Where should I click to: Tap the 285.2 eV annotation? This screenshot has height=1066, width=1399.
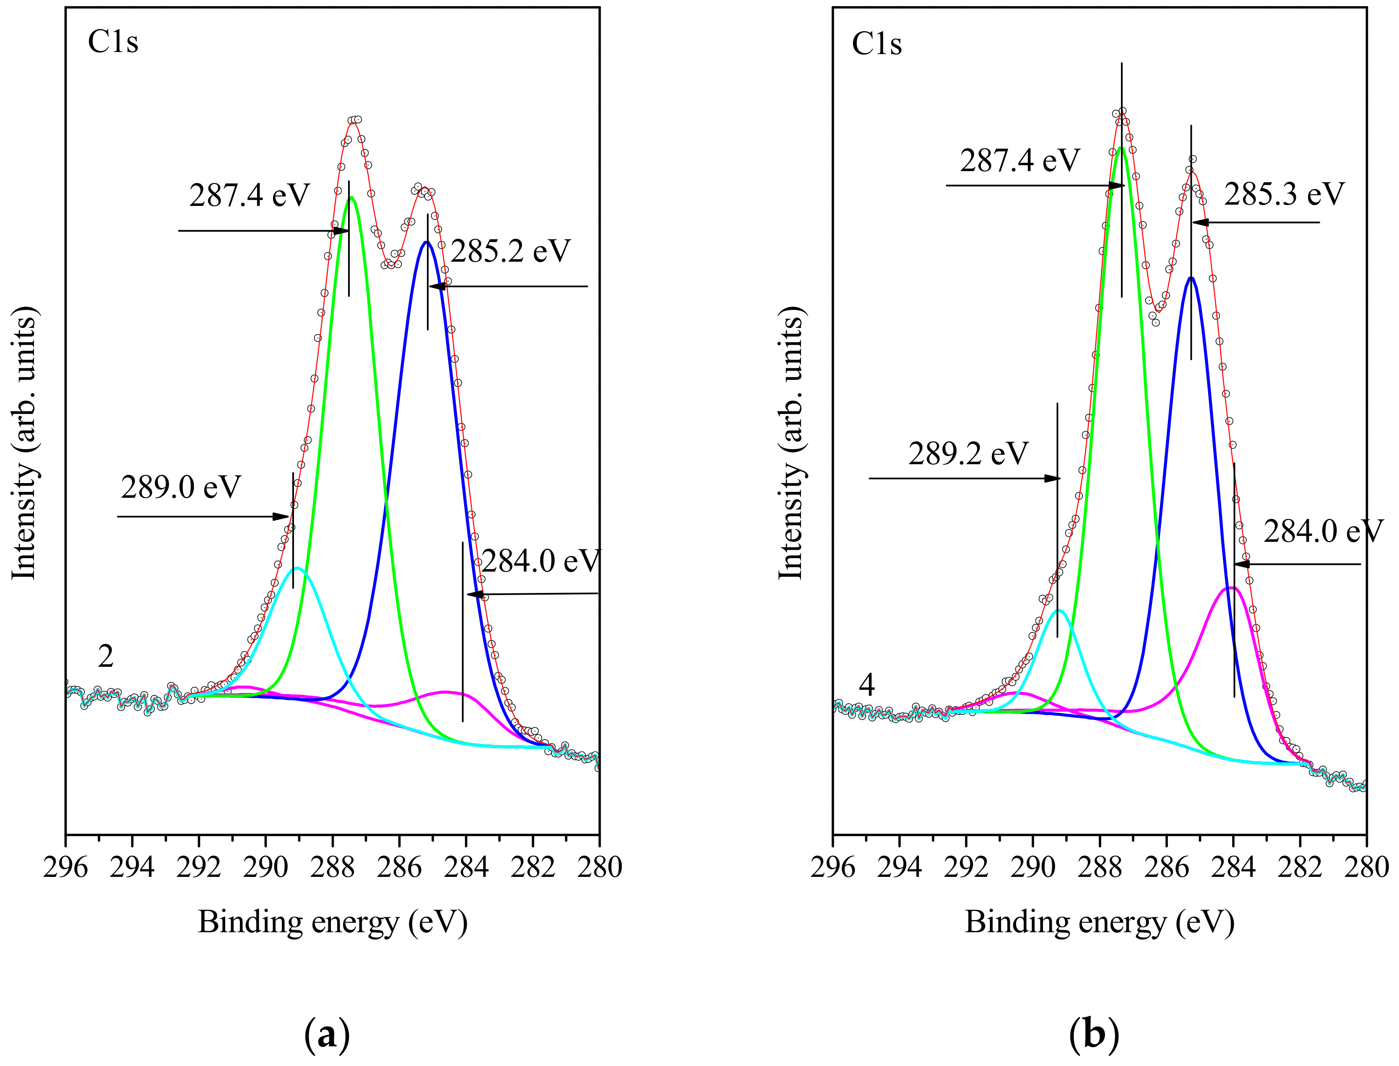511,251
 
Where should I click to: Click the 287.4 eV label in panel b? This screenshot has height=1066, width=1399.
1019,161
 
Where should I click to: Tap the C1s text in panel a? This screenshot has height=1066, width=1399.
113,42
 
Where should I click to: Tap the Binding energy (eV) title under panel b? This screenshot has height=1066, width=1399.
1100,922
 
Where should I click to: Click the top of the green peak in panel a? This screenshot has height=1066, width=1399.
351,198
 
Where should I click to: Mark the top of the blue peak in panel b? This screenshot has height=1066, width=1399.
1191,278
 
